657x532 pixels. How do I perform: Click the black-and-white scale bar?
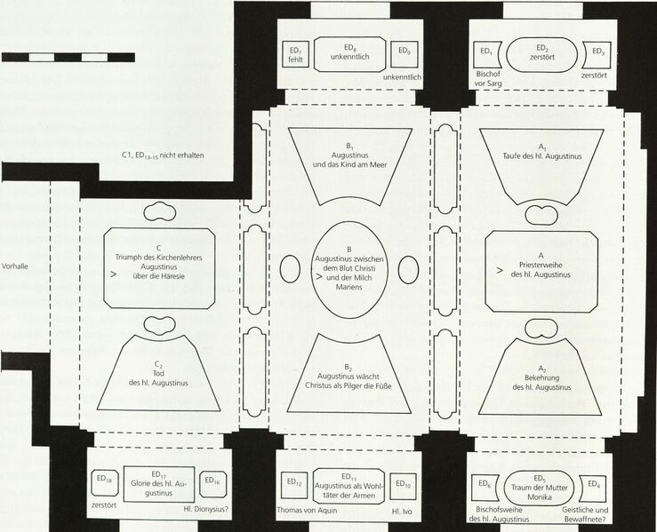[x=68, y=58]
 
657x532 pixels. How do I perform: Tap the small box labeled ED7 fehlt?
[x=295, y=54]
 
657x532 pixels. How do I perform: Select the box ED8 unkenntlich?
[x=350, y=54]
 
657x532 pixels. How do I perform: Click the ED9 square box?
[x=405, y=54]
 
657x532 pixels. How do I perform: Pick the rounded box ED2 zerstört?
[x=542, y=54]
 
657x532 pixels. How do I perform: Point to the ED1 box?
[x=486, y=54]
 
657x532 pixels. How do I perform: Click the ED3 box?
[x=597, y=54]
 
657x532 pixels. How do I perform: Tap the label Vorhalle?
[x=14, y=266]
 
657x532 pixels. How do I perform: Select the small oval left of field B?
[x=290, y=269]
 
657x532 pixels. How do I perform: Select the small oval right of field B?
[x=409, y=269]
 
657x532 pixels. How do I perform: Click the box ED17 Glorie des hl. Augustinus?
[x=159, y=484]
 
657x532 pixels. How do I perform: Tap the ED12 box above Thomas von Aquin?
[x=293, y=486]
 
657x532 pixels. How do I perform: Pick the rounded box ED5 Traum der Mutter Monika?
[x=539, y=488]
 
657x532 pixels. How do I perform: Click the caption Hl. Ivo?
[x=402, y=511]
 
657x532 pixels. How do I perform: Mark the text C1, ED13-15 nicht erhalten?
[x=163, y=155]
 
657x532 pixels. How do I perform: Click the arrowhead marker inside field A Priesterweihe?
[x=499, y=270]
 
